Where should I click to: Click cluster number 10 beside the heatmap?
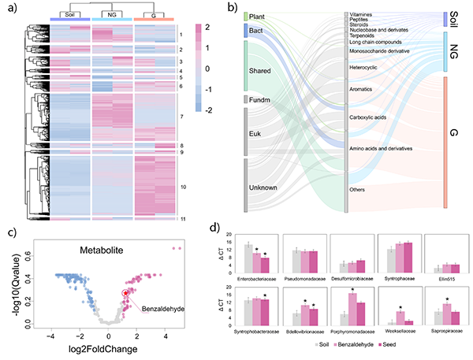click(x=183, y=187)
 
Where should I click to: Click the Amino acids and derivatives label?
click(x=385, y=147)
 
